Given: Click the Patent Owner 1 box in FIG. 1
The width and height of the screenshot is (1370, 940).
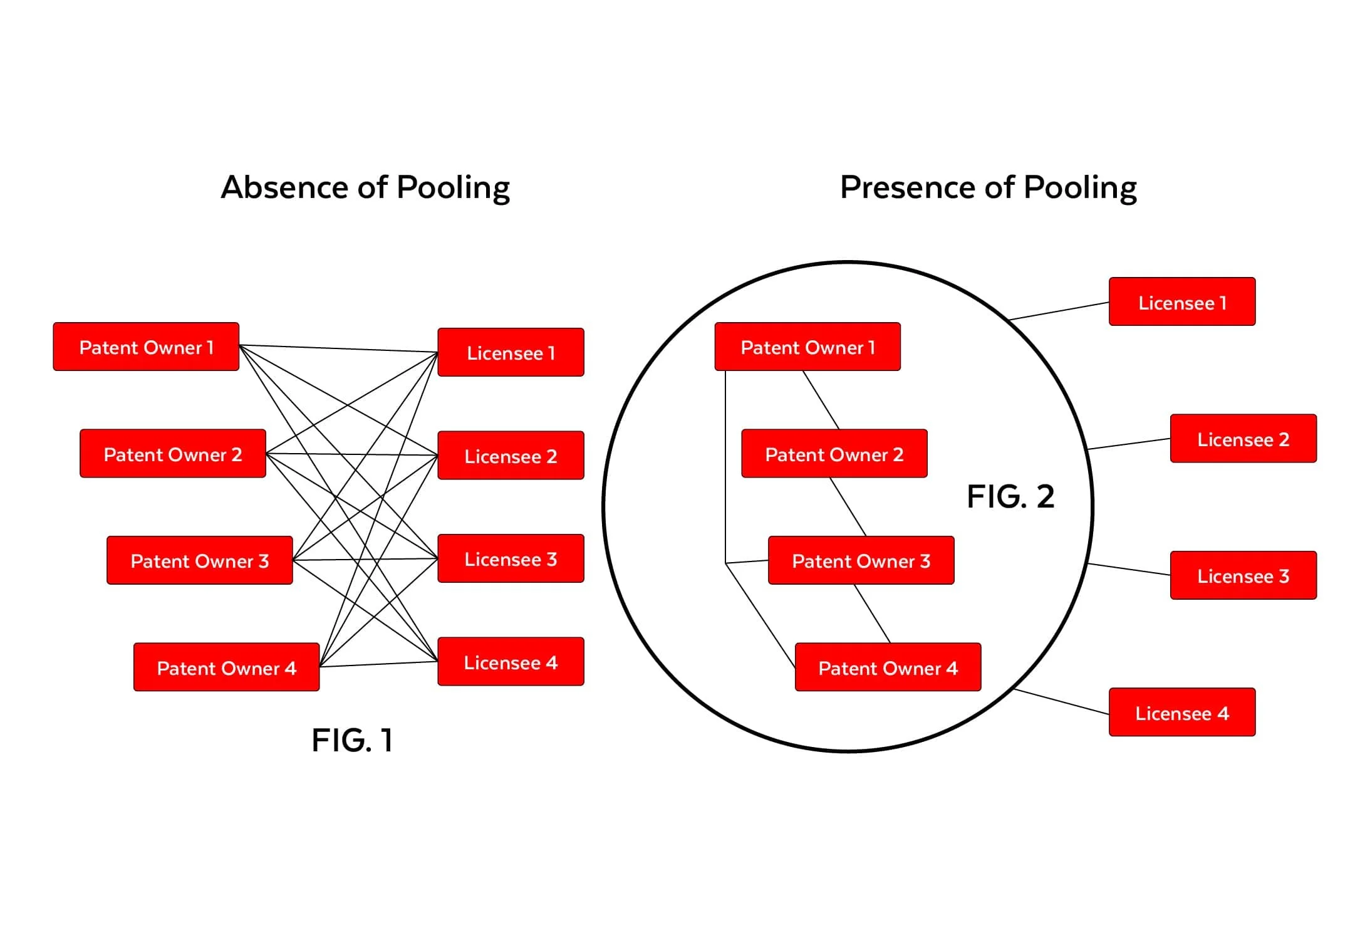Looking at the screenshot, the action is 146,347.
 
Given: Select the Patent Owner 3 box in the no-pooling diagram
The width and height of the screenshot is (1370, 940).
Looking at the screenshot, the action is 200,560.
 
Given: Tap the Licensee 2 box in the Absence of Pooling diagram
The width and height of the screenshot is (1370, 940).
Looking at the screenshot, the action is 511,456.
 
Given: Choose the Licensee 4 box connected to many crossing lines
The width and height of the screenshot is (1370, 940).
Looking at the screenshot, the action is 511,662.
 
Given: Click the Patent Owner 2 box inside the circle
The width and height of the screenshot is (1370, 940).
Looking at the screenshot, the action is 834,454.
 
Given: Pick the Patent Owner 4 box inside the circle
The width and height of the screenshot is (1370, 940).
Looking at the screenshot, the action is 888,667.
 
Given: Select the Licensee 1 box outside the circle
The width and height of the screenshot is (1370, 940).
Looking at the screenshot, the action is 1182,302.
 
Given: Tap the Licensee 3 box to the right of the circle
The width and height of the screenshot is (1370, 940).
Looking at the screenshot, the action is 1243,575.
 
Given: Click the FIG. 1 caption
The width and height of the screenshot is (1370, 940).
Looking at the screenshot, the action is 352,740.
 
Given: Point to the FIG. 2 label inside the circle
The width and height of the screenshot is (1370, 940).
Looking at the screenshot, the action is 1010,496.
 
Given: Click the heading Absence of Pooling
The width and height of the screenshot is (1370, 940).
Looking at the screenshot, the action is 366,188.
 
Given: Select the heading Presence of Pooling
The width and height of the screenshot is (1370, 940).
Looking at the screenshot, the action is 989,188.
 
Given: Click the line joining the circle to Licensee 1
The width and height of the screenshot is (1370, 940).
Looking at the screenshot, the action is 1059,311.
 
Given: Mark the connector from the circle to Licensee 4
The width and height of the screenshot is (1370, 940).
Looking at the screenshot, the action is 1061,702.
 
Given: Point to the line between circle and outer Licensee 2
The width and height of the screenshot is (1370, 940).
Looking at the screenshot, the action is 1129,444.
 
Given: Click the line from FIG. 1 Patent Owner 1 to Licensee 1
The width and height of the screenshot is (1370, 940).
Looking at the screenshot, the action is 338,348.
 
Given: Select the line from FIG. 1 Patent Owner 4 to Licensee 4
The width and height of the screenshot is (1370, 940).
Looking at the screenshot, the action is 378,664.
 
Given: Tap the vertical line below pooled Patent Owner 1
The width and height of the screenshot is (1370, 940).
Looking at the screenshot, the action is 725,467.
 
